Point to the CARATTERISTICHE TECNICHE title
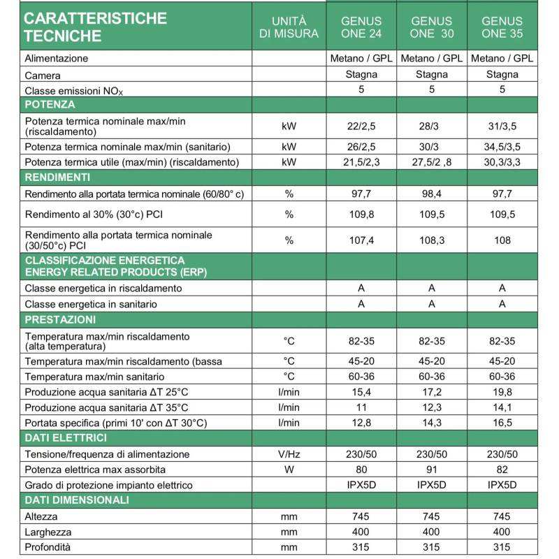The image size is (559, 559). (x=95, y=27)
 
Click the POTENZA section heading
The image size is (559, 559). (x=50, y=105)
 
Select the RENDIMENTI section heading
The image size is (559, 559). (x=57, y=177)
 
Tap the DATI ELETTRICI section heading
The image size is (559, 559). (x=66, y=438)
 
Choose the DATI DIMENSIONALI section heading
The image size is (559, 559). (x=76, y=500)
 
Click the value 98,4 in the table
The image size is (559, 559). (x=431, y=194)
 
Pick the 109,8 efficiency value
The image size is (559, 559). (x=361, y=214)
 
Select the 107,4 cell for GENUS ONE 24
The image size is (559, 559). (x=361, y=240)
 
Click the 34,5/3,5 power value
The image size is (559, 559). (x=502, y=147)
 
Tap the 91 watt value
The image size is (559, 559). (x=431, y=470)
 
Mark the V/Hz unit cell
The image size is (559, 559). (x=289, y=454)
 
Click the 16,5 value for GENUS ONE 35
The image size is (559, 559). (x=502, y=423)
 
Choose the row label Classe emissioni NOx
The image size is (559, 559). (x=77, y=91)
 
